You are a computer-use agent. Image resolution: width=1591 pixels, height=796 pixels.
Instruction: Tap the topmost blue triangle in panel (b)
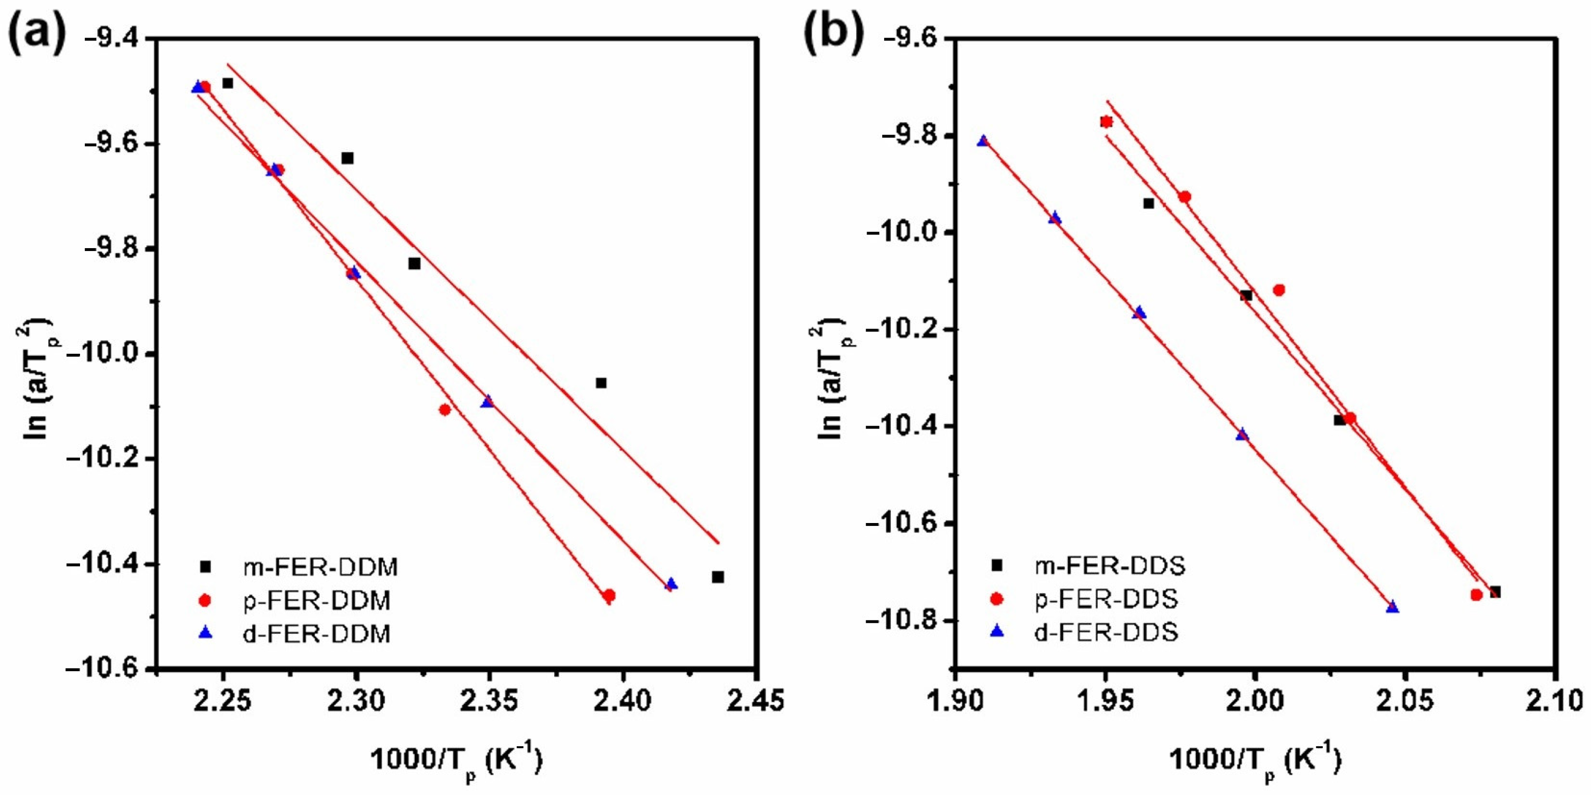[x=983, y=141]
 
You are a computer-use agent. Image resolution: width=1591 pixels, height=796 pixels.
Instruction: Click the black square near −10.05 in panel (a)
[x=601, y=383]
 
